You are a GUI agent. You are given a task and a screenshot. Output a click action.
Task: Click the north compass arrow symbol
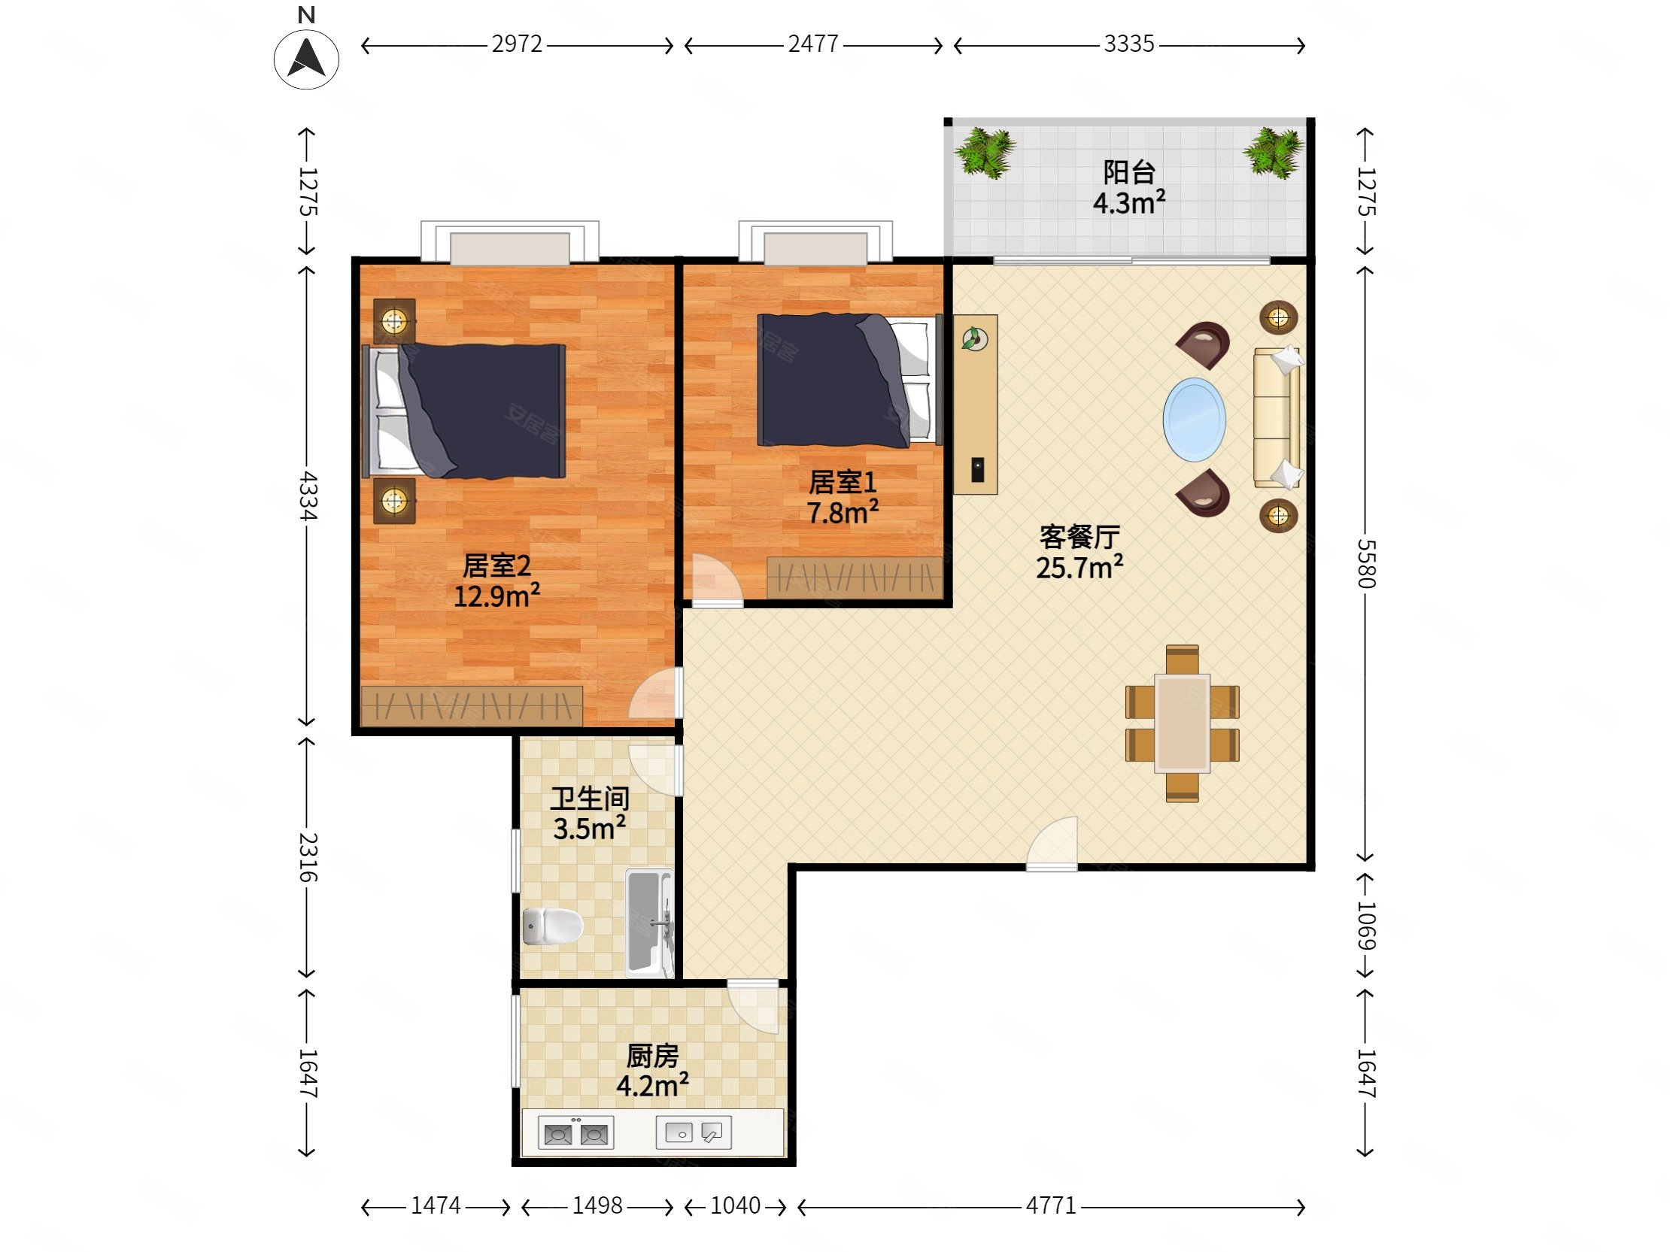point(306,59)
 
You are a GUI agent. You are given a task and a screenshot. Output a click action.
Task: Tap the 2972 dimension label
point(517,44)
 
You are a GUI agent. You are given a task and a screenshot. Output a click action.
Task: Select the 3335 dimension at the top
point(1128,44)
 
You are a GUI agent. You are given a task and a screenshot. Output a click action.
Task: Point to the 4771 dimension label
point(1050,1206)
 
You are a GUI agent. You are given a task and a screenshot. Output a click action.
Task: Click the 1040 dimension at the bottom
point(736,1206)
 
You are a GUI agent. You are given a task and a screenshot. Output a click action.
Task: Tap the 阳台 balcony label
point(1128,173)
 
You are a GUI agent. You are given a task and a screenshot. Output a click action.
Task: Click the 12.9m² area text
point(496,596)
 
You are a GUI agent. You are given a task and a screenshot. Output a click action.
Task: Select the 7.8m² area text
point(843,512)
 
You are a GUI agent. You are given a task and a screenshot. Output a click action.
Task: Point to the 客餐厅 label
point(1079,537)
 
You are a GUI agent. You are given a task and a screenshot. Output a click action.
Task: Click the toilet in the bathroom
point(553,925)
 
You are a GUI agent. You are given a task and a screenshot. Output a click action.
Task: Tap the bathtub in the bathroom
point(648,922)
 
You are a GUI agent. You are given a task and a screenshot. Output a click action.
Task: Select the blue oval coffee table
point(1194,420)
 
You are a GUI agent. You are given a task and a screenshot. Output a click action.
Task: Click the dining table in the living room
point(1183,723)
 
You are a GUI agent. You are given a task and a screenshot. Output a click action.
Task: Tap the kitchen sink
point(693,1132)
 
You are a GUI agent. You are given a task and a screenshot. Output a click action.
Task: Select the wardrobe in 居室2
point(471,705)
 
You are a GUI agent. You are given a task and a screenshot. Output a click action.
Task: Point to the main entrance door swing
point(1051,843)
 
